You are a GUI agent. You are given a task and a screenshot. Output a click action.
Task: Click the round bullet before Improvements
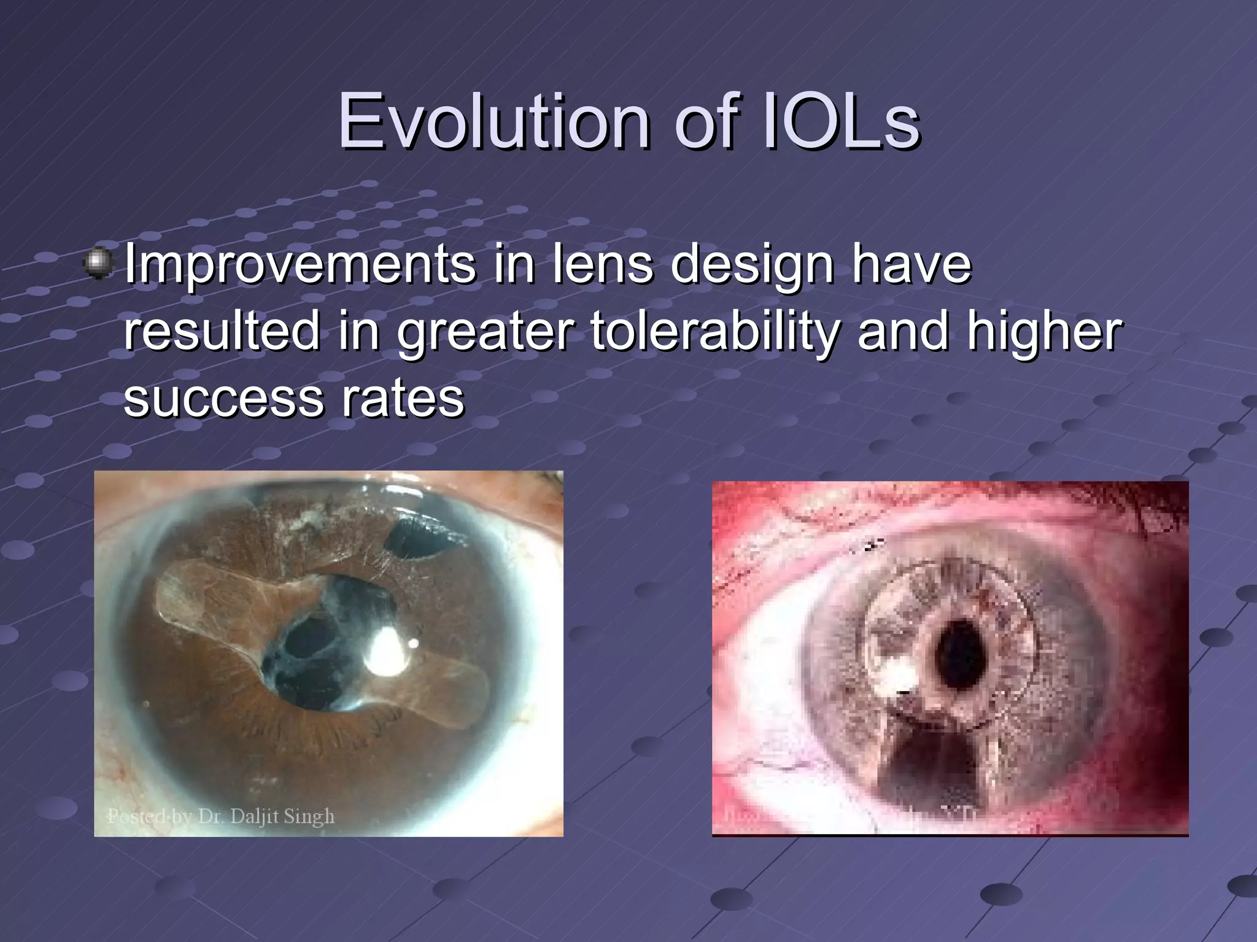pyautogui.click(x=98, y=264)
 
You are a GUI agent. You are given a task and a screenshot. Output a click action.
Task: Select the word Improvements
pyautogui.click(x=300, y=265)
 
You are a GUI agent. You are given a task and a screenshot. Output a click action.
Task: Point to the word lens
pyautogui.click(x=603, y=265)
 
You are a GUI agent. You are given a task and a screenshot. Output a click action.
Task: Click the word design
pyautogui.click(x=752, y=265)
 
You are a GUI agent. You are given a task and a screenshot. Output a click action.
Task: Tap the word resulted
pyautogui.click(x=222, y=331)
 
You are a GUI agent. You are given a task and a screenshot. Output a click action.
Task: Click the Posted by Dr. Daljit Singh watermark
pyautogui.click(x=221, y=816)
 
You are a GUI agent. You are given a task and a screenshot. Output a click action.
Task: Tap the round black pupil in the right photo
pyautogui.click(x=958, y=654)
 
